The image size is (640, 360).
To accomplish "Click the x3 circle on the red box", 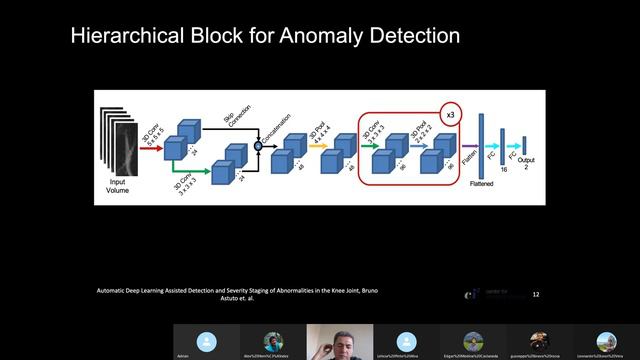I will [451, 115].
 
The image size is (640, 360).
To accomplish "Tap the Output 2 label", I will [526, 163].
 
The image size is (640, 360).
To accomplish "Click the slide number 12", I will [536, 295].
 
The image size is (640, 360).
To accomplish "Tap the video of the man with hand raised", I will [339, 341].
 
